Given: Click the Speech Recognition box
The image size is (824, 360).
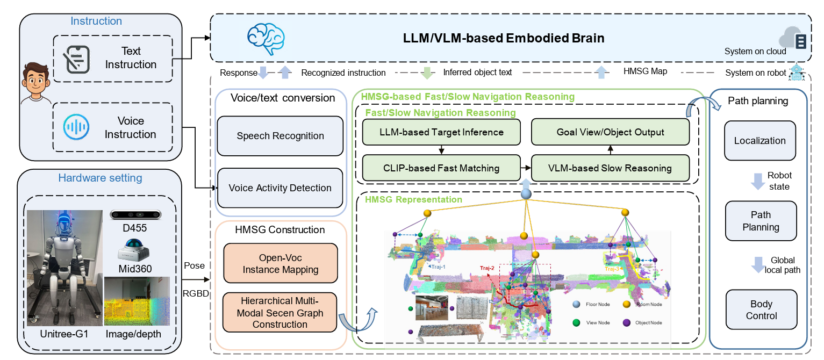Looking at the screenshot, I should click(x=280, y=135).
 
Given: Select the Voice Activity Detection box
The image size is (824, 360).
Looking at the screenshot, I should click(x=280, y=188).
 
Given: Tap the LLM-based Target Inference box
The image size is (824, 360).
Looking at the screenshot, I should click(x=441, y=132).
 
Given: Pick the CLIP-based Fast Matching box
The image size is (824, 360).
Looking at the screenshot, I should click(x=441, y=168).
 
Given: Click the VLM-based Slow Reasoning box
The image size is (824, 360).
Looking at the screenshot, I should click(x=610, y=168).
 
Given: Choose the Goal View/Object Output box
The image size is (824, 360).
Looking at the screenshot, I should click(x=610, y=132).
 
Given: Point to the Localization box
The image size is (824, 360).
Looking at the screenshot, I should click(x=760, y=141).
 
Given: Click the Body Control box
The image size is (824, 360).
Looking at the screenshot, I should click(x=761, y=309).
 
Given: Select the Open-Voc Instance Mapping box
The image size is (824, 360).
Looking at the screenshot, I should click(x=280, y=264).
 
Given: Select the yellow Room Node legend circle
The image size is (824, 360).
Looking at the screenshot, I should click(x=627, y=304).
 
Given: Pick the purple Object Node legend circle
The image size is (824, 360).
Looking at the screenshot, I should click(x=627, y=322).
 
